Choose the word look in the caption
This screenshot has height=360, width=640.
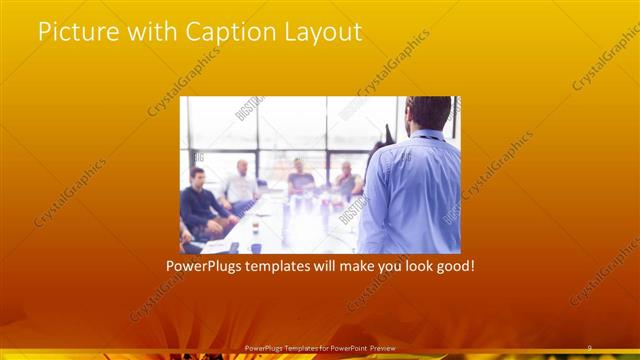(413, 267)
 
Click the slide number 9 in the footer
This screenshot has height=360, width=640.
(589, 347)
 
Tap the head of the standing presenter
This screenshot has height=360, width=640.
(429, 113)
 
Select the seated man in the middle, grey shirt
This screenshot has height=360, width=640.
(300, 178)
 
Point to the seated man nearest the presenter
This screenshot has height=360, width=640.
(346, 180)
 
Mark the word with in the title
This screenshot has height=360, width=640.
(149, 32)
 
